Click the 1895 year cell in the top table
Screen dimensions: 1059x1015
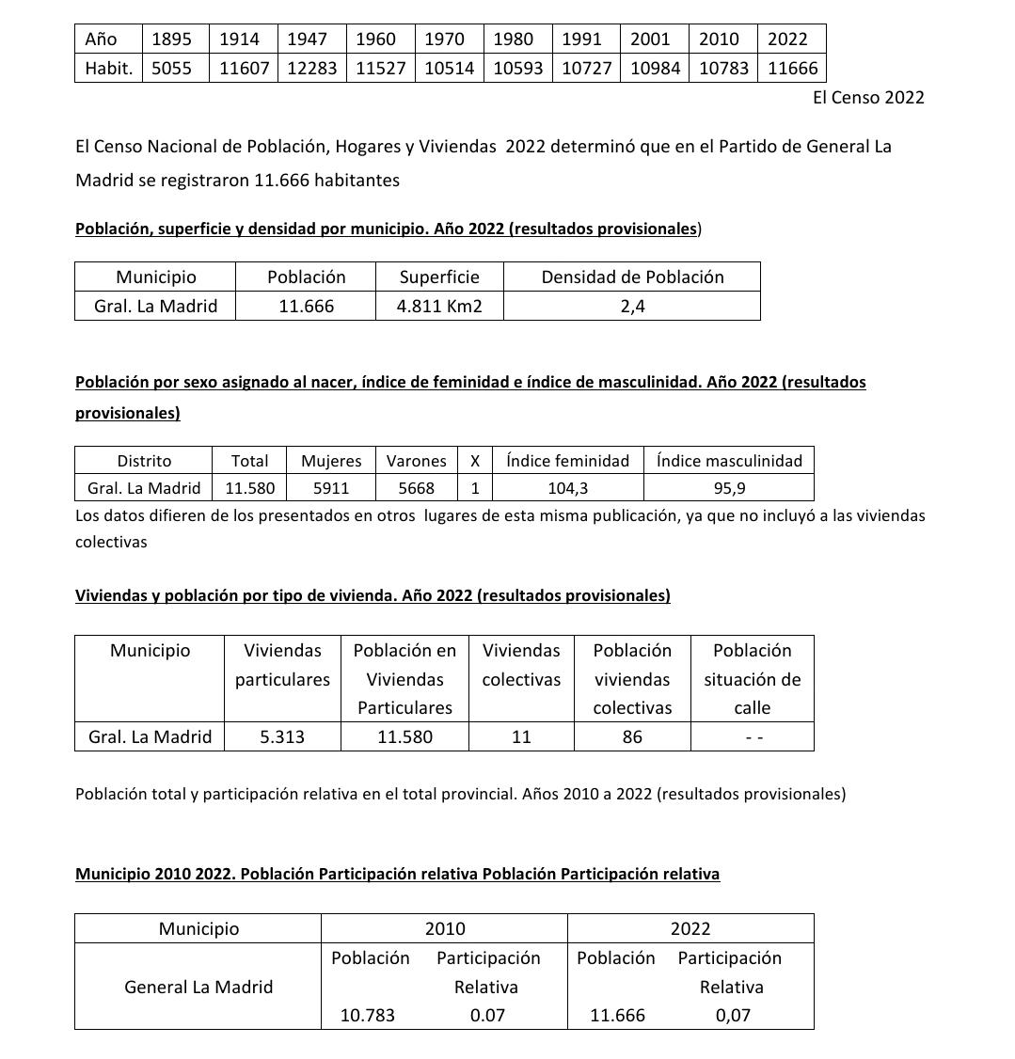171,40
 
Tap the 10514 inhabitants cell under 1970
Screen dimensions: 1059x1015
449,69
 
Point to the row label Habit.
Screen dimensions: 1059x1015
108,69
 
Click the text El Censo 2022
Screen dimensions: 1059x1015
868,98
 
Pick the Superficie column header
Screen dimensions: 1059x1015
439,277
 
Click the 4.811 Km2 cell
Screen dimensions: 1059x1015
439,307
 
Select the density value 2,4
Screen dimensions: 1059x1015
632,307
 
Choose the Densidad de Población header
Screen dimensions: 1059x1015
632,277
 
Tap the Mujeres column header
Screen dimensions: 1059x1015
331,461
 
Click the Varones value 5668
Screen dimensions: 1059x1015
416,488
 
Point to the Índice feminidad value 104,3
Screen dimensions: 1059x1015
568,488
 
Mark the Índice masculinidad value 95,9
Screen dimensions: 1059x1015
729,488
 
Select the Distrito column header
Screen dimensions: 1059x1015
144,461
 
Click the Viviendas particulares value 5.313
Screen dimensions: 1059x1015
282,737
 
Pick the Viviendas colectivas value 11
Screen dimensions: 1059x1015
521,737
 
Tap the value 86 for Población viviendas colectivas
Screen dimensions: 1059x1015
632,737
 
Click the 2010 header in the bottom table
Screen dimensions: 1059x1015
444,929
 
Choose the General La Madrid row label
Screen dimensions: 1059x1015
198,987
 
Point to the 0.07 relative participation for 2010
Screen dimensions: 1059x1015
486,1016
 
